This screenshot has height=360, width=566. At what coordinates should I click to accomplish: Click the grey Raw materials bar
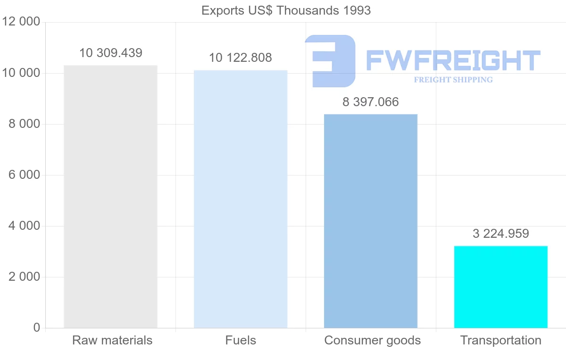coord(110,197)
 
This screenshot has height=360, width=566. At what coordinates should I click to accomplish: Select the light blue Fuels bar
coord(241,199)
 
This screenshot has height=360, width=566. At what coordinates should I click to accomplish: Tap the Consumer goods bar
coord(371,221)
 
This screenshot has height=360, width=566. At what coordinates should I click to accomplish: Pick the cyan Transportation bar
coord(501,287)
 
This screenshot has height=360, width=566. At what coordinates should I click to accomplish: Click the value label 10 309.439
coord(111,53)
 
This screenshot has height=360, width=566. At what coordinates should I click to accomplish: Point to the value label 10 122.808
coord(241,58)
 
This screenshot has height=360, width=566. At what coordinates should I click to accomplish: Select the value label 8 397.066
coord(371,102)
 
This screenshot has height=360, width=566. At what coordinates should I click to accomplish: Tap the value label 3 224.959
coord(501,234)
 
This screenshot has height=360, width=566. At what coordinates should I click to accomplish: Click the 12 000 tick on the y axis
coord(21,22)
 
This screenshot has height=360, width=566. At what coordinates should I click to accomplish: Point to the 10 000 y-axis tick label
coord(21,73)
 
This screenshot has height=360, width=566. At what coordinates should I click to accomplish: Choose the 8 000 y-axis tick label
coord(24,124)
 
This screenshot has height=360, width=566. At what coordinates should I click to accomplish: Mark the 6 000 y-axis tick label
coord(24,175)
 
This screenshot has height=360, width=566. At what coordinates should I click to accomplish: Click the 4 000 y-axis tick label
coord(24,226)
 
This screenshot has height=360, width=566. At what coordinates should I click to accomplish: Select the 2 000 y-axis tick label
coord(24,277)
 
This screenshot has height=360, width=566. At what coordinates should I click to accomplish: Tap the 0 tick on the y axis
coord(37,327)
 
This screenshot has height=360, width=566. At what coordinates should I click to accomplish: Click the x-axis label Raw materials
coord(112,340)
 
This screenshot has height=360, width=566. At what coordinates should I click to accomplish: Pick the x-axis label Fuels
coord(241,340)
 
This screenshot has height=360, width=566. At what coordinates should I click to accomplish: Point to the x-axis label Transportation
coord(501,340)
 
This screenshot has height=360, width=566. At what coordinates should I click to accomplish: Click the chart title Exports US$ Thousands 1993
coord(286,11)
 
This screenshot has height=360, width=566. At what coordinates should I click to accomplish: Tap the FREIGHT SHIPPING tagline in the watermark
coord(453,80)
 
